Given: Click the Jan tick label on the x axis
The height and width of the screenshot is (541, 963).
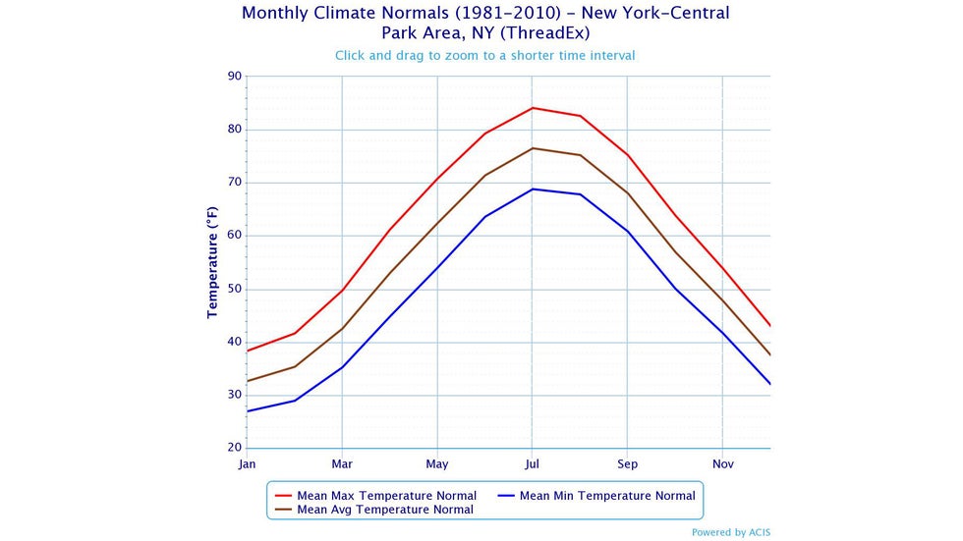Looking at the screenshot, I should pos(247,462).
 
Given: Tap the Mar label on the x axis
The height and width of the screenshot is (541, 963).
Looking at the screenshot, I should pos(341,462).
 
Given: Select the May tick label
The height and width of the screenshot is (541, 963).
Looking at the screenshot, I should pos(436,462).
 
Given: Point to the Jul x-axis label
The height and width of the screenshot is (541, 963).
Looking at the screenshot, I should pos(532,462).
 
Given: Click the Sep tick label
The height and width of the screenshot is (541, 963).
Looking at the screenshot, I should pos(627,462).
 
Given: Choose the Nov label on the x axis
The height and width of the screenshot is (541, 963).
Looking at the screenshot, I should pos(722,462).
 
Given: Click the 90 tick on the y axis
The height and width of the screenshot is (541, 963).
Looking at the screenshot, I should pos(234,76).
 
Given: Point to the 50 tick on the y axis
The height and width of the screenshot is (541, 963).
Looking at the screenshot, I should pos(234,289).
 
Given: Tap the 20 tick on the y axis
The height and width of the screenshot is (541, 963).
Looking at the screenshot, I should pos(234,448).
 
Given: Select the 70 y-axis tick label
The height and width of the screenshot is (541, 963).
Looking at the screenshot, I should pos(234,183).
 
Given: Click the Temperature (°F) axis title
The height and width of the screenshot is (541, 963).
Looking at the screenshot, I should pos(212,262).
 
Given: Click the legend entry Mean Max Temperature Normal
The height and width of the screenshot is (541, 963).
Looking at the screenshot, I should pos(386,496).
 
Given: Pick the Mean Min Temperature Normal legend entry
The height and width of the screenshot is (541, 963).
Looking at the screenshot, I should pos(606,496).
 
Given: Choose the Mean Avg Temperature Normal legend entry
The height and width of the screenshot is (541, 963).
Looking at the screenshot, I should pos(384,510).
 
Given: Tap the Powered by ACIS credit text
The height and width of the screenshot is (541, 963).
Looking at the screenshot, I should pos(731,532).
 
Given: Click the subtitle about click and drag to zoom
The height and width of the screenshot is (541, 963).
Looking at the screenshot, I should pos(484,55).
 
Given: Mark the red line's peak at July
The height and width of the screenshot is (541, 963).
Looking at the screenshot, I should pos(532,108).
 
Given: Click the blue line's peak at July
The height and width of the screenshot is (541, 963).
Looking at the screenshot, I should pos(532,189).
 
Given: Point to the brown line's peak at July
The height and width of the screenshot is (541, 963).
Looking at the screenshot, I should pos(532,148).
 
